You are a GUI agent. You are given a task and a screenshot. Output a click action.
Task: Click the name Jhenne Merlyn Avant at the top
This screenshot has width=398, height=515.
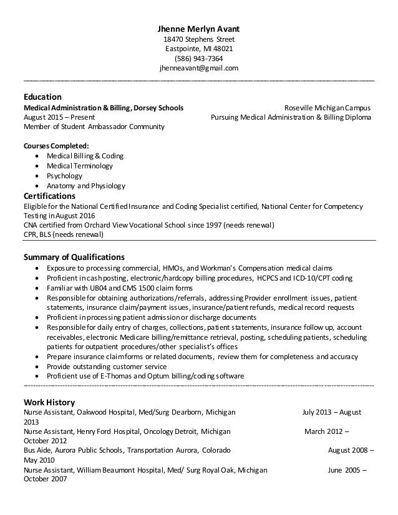198,29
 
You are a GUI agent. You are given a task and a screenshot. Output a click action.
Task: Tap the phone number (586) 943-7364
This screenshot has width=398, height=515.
198,59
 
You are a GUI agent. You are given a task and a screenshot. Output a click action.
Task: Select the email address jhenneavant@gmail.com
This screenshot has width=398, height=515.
198,69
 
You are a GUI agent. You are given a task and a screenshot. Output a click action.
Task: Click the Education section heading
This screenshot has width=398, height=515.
42,97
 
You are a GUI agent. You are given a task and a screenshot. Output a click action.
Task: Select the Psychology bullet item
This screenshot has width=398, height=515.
65,176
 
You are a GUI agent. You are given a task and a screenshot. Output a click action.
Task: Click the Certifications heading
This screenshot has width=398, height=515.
51,196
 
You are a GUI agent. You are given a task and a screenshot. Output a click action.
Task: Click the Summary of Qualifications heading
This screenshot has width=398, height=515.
74,256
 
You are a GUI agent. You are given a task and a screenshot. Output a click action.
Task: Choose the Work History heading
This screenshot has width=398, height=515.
49,402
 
